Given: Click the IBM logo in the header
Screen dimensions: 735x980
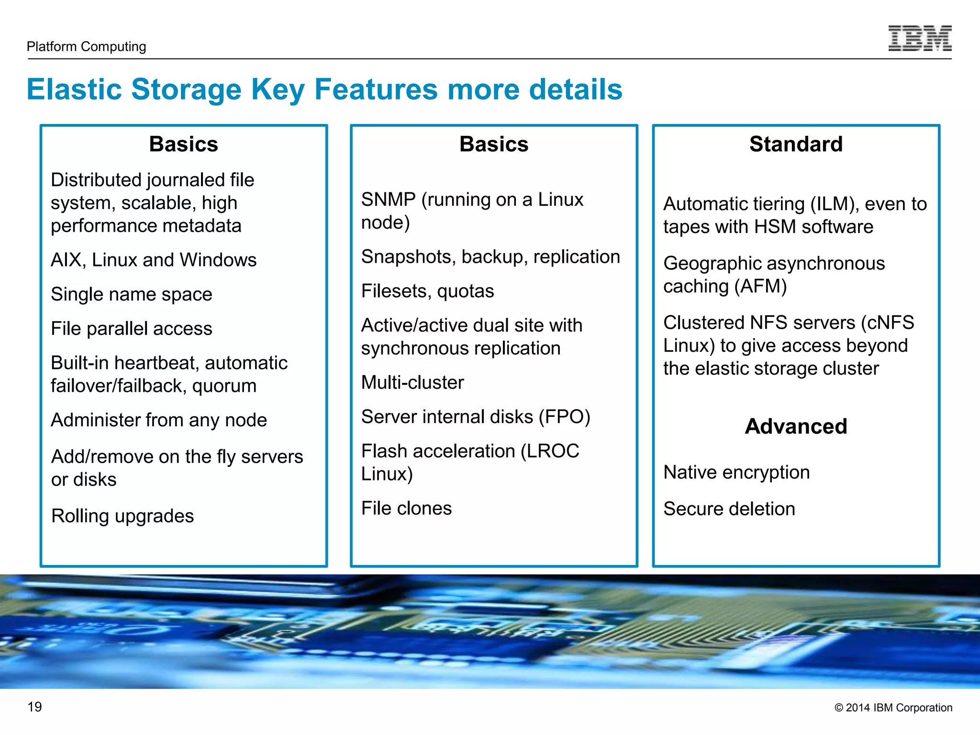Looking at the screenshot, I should click(x=919, y=38).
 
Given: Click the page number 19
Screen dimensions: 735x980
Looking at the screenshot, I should click(x=34, y=707).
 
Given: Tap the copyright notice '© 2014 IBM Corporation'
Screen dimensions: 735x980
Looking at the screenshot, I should click(x=893, y=708).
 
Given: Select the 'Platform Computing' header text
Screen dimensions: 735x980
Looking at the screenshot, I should click(x=86, y=46).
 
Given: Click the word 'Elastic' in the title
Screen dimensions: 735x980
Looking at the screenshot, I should click(x=74, y=89).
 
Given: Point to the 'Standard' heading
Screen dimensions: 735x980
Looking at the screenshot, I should click(x=796, y=144).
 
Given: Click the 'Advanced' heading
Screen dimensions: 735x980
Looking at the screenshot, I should click(x=796, y=426).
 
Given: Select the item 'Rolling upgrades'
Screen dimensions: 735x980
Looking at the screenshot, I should click(x=122, y=516).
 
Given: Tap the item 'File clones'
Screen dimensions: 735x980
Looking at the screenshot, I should click(x=406, y=508).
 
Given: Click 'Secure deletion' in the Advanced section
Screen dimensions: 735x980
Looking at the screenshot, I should click(x=729, y=509).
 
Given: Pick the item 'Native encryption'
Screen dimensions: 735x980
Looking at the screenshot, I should click(x=736, y=472).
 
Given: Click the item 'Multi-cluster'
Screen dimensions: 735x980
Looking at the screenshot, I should click(x=412, y=382).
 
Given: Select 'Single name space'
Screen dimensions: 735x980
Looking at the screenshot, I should click(x=132, y=294).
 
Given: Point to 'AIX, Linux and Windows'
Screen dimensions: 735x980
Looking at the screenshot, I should click(x=154, y=260).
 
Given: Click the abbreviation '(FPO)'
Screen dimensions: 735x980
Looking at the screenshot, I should click(x=564, y=417).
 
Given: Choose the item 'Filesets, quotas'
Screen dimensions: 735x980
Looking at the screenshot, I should click(x=427, y=291).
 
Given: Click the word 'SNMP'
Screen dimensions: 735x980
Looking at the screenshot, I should click(x=388, y=200).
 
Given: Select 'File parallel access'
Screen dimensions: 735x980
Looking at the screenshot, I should click(x=132, y=329).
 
